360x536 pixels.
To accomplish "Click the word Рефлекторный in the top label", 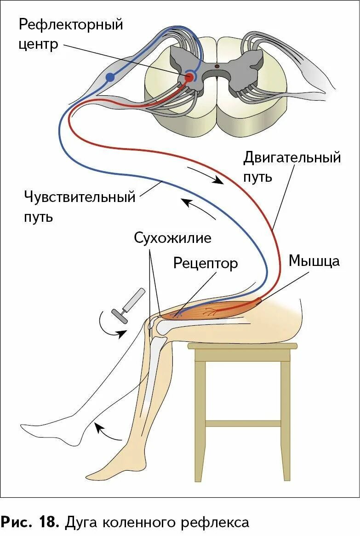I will (71, 24).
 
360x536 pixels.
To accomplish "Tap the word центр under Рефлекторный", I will (39, 45).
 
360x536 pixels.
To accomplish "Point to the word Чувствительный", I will (80, 197).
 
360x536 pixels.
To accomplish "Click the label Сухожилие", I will (173, 238).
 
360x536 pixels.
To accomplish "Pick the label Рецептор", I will (206, 263).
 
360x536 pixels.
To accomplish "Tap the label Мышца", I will (314, 261).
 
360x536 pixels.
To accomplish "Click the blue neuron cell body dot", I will (109, 77).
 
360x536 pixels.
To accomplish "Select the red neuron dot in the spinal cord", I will (189, 78).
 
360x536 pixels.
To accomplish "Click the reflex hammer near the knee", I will (130, 304).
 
